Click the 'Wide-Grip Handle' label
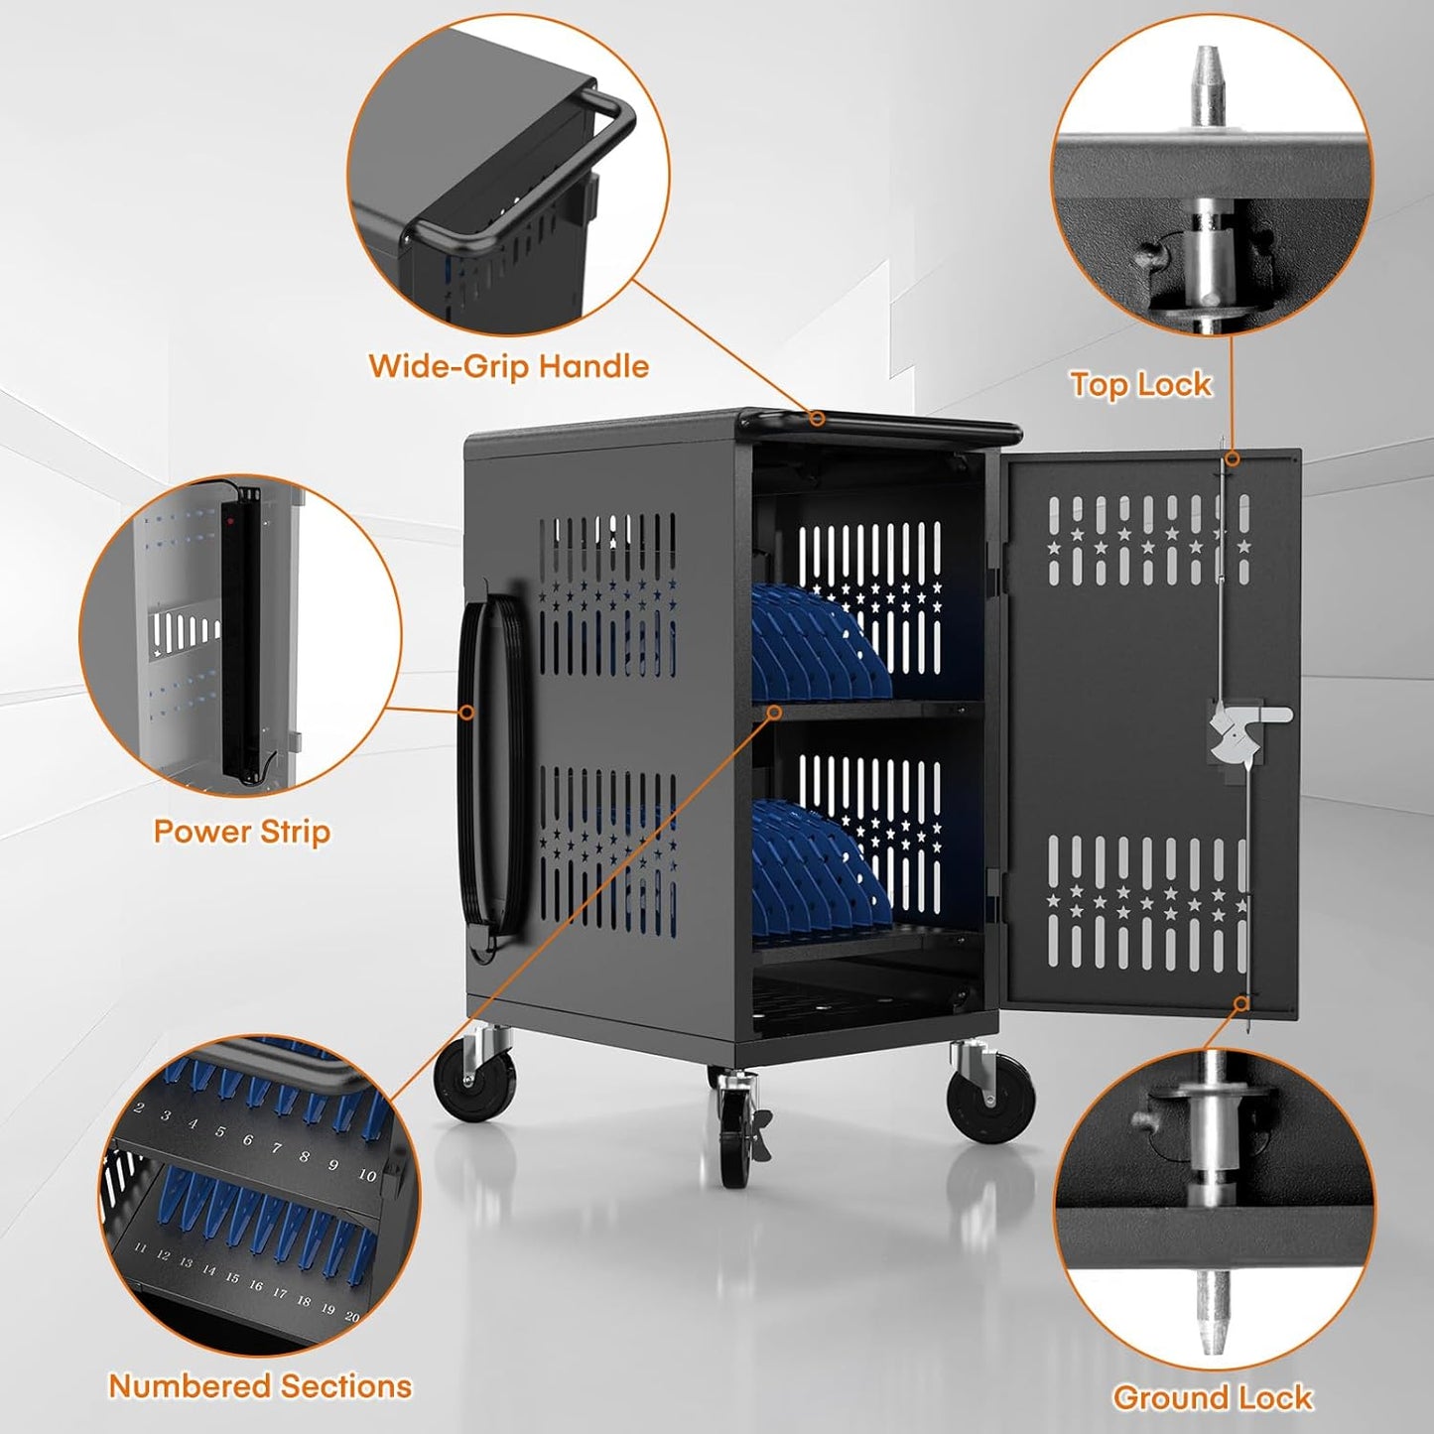[508, 366]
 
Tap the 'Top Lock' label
[1140, 384]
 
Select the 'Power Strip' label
[241, 831]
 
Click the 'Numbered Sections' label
[260, 1385]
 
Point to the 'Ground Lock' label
[1212, 1397]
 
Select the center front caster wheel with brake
[734, 1131]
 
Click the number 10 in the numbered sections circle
[367, 1175]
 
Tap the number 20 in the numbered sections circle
[351, 1316]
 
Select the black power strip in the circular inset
[242, 635]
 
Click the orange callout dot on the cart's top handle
[816, 418]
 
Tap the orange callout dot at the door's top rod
[1232, 458]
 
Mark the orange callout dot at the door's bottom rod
[1240, 1003]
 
